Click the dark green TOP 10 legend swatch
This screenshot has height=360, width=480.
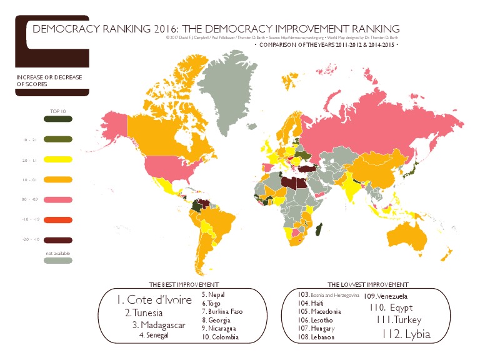[57, 119]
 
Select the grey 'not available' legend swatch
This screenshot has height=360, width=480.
[57, 261]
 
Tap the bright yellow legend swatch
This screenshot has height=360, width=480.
[57, 159]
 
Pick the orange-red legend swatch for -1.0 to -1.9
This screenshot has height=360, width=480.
[57, 220]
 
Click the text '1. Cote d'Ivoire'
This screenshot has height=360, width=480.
[154, 299]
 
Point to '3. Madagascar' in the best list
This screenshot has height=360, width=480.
[158, 324]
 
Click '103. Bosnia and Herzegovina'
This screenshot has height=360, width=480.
[328, 294]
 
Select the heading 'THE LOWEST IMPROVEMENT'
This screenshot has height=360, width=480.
[368, 284]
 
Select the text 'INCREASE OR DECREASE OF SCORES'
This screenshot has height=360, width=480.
[49, 80]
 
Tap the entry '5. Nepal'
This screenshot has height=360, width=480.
[213, 294]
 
